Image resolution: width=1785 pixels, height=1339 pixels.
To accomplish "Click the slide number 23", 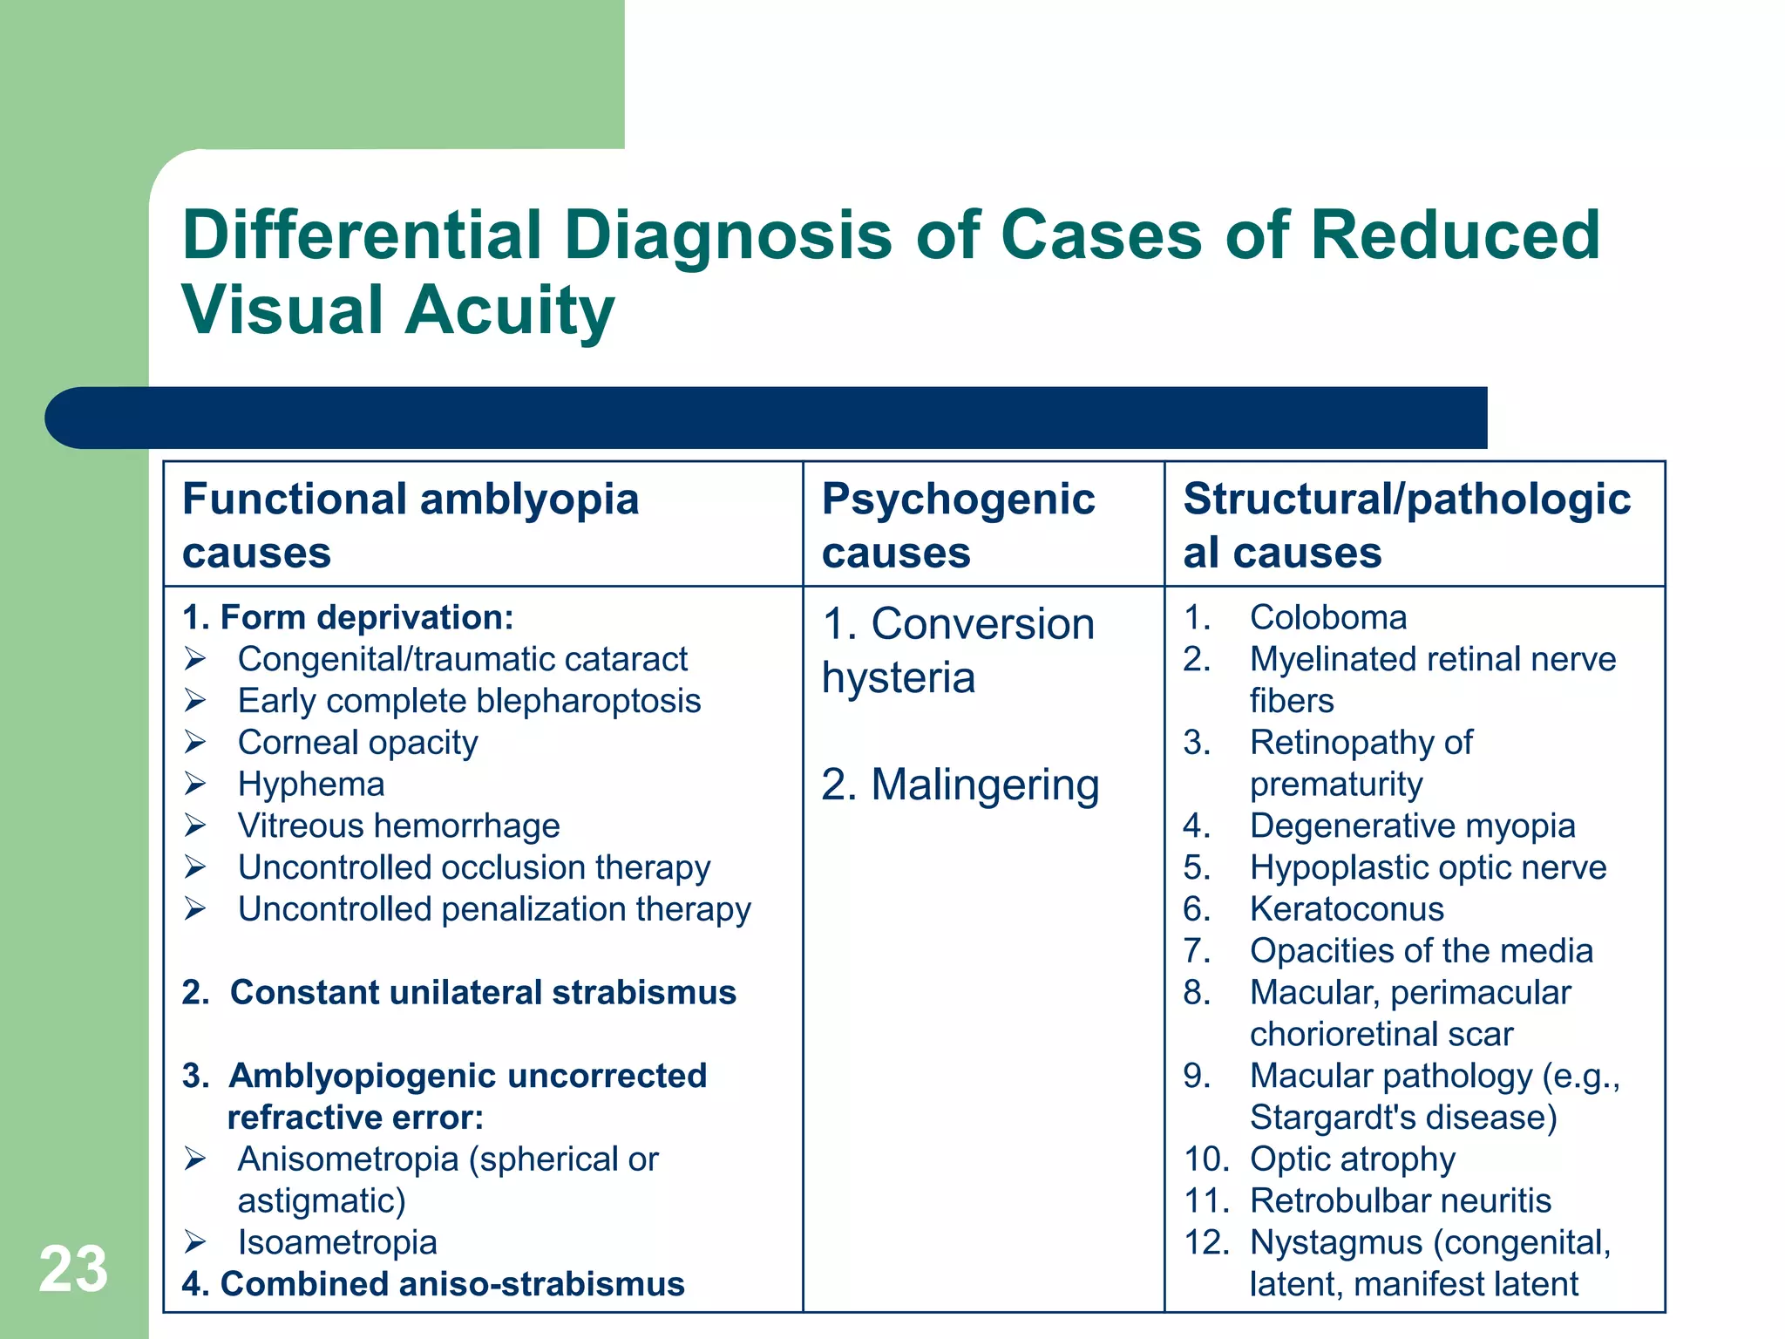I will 73,1269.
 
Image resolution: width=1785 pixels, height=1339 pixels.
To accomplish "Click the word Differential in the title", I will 362,235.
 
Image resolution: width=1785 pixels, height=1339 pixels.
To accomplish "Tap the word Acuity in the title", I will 509,311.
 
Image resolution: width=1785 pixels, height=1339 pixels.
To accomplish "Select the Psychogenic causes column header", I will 958,526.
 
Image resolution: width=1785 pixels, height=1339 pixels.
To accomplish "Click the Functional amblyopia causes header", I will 410,526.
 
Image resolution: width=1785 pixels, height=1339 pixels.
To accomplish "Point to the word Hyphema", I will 311,785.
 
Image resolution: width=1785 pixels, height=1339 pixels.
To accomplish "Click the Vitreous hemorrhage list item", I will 398,826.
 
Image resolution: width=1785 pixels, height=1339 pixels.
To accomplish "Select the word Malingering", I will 985,785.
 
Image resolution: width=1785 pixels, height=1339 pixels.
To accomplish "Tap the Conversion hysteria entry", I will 957,650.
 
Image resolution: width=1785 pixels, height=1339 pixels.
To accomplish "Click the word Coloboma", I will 1328,618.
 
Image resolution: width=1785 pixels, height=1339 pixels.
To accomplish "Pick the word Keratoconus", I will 1347,909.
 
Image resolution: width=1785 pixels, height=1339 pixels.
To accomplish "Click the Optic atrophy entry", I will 1352,1159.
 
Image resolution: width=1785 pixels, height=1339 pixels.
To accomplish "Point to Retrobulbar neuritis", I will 1400,1201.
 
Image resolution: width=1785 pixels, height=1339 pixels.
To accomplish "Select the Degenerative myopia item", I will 1412,826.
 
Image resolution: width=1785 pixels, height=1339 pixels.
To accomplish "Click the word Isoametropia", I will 337,1243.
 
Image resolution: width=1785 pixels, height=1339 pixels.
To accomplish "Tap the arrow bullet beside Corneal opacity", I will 195,743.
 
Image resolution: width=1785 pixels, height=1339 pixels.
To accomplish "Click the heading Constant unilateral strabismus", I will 483,993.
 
